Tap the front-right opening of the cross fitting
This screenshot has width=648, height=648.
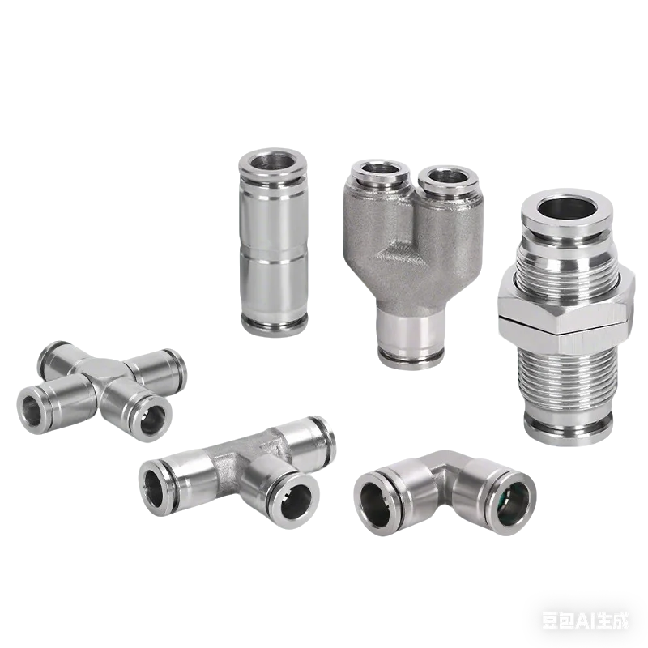(151, 419)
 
